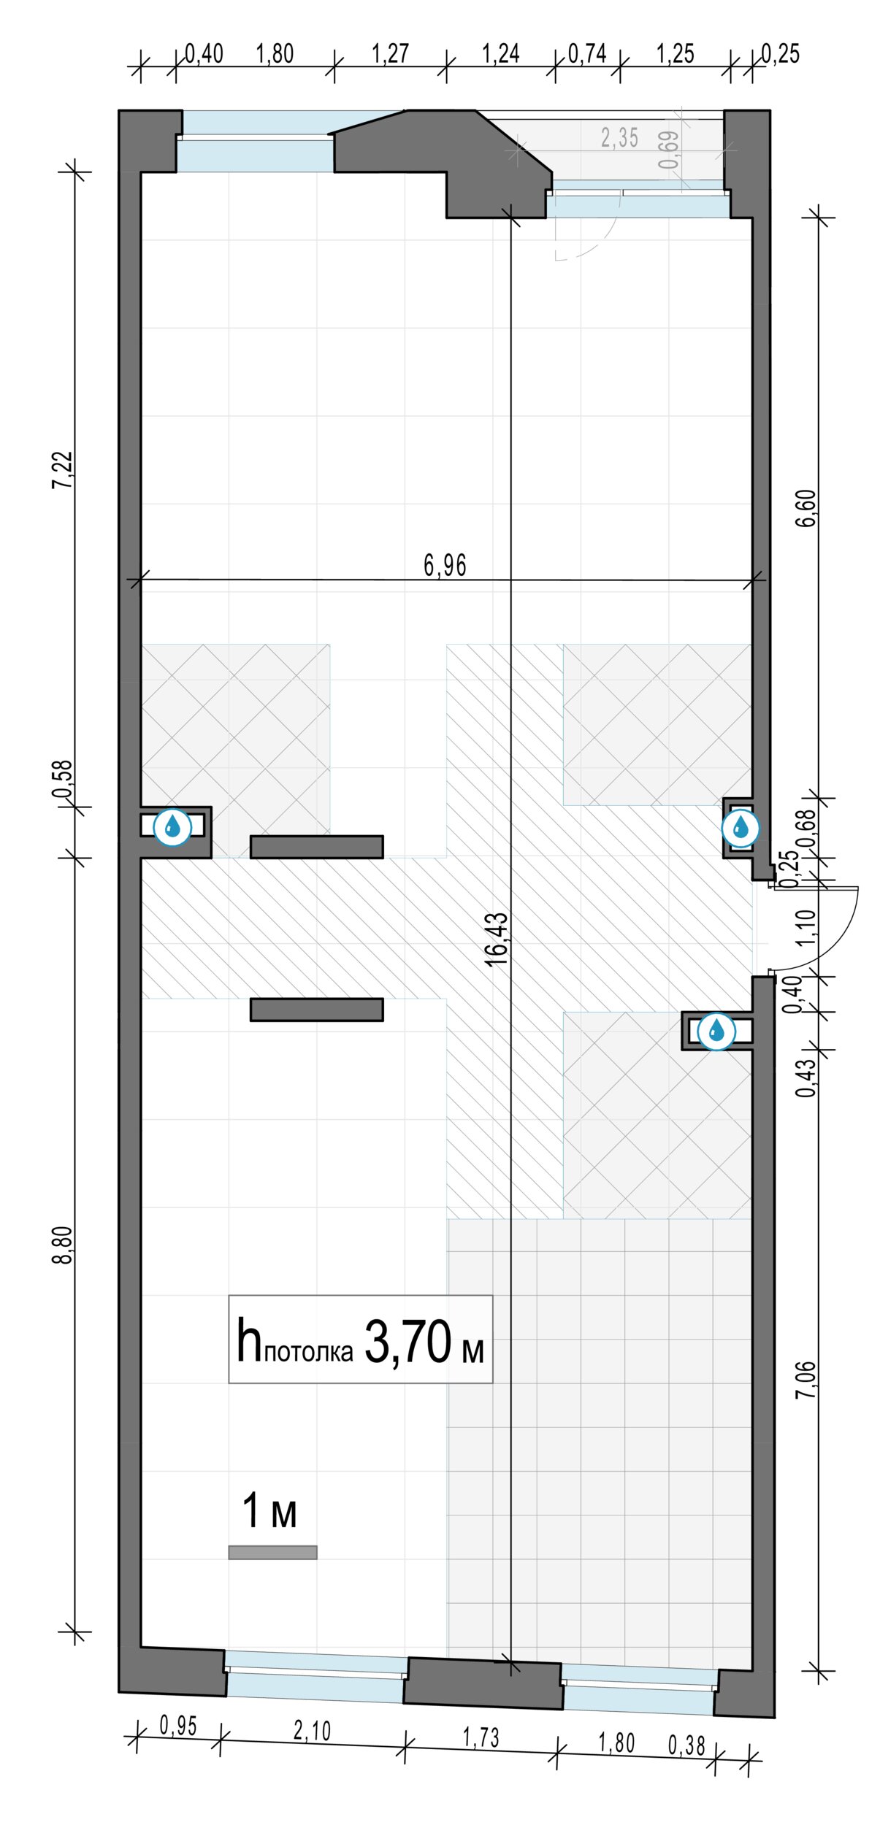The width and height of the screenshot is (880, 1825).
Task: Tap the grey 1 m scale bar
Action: (272, 1552)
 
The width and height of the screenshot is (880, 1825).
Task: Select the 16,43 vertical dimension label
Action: (497, 939)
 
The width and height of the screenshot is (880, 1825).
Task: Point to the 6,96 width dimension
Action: (445, 565)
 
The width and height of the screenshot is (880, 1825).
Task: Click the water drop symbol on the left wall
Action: (172, 826)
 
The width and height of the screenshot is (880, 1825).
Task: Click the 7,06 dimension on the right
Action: (806, 1380)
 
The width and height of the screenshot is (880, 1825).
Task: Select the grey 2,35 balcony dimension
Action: (619, 137)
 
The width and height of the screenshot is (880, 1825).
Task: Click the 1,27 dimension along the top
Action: (390, 53)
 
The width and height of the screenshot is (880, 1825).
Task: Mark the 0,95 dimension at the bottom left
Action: (178, 1726)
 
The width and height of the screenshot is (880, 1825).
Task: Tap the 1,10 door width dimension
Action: (806, 927)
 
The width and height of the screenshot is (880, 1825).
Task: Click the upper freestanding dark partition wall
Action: (317, 847)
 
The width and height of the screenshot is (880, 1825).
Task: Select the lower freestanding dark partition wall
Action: (317, 1010)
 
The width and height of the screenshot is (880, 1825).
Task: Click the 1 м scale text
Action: (269, 1510)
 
